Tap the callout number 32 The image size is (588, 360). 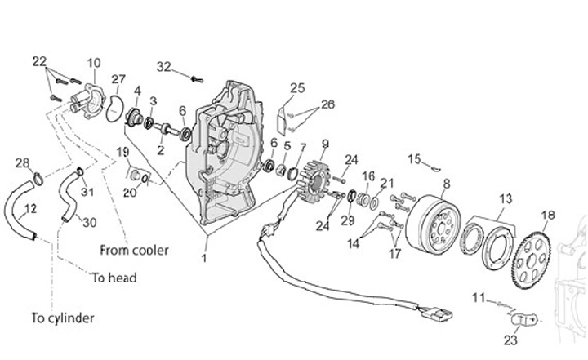point(164,67)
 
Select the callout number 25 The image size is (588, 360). point(296,88)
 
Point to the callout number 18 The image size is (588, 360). point(547,215)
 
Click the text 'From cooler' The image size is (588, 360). point(134,249)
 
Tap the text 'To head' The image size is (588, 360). point(113,278)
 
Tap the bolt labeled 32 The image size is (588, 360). point(196,79)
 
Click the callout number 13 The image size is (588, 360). point(506,198)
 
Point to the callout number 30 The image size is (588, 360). point(90,222)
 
